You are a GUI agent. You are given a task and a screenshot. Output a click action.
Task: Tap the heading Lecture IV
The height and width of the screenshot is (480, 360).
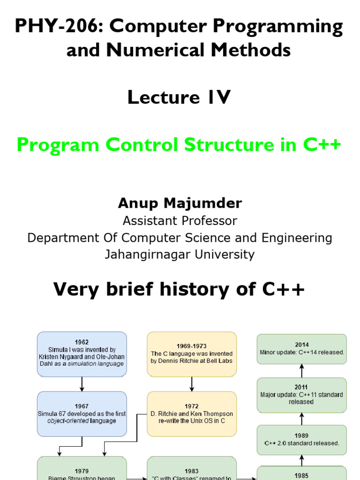click(179, 97)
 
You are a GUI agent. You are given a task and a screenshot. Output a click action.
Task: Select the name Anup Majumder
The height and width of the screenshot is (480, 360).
click(180, 202)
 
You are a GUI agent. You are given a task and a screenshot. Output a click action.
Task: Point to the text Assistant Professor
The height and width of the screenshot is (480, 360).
click(180, 220)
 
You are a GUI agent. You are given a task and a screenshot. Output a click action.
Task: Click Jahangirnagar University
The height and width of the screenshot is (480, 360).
click(180, 255)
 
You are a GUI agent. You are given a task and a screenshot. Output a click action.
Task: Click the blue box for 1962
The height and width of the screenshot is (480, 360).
click(82, 353)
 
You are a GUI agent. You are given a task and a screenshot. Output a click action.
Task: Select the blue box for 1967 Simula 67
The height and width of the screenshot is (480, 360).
click(82, 413)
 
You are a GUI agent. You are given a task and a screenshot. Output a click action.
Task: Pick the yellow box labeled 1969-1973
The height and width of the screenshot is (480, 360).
click(191, 353)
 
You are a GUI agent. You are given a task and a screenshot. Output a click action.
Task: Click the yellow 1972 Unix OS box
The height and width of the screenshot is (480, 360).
click(191, 413)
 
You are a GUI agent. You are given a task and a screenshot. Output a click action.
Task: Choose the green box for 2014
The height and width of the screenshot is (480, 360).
click(302, 349)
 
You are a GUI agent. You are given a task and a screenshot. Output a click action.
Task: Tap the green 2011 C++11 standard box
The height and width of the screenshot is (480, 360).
click(302, 395)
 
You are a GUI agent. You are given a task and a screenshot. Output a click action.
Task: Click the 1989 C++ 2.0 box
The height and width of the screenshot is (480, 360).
click(302, 440)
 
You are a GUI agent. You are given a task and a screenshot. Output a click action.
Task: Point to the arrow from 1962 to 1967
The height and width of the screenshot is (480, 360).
click(82, 384)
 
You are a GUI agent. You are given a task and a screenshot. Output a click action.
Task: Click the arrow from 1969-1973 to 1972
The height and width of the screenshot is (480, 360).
click(192, 384)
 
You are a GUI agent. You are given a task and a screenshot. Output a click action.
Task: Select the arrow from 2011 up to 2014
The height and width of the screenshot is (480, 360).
click(302, 371)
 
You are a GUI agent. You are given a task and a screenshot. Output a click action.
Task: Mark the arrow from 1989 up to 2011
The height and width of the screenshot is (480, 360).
click(302, 419)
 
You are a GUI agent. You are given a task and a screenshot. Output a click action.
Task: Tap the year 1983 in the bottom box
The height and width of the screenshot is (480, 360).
click(191, 471)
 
